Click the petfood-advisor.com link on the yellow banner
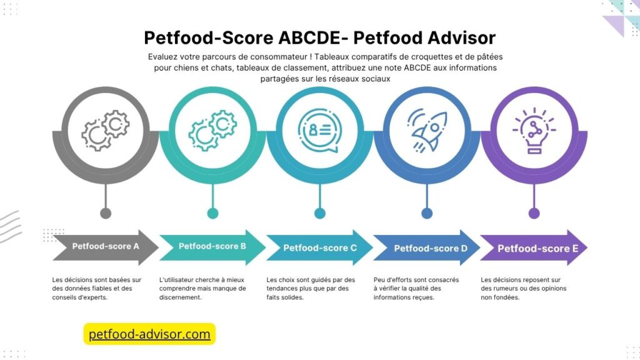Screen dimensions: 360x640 tap(149, 334)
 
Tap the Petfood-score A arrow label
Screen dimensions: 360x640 tap(105, 246)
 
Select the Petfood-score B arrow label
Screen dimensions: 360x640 tap(212, 246)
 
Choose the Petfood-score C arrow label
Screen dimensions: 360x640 tap(319, 248)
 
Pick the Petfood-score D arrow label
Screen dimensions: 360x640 tap(430, 248)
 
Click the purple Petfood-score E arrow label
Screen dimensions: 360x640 tap(533, 249)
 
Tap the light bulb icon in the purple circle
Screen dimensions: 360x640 tap(534, 130)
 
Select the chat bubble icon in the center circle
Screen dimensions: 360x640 tap(319, 130)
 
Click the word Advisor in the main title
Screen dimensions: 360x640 tap(457, 37)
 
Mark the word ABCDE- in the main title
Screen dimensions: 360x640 tap(309, 37)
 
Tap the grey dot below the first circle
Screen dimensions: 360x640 tap(106, 214)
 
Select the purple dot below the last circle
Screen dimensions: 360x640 tap(534, 214)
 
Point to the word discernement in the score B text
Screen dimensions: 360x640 tap(181, 298)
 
